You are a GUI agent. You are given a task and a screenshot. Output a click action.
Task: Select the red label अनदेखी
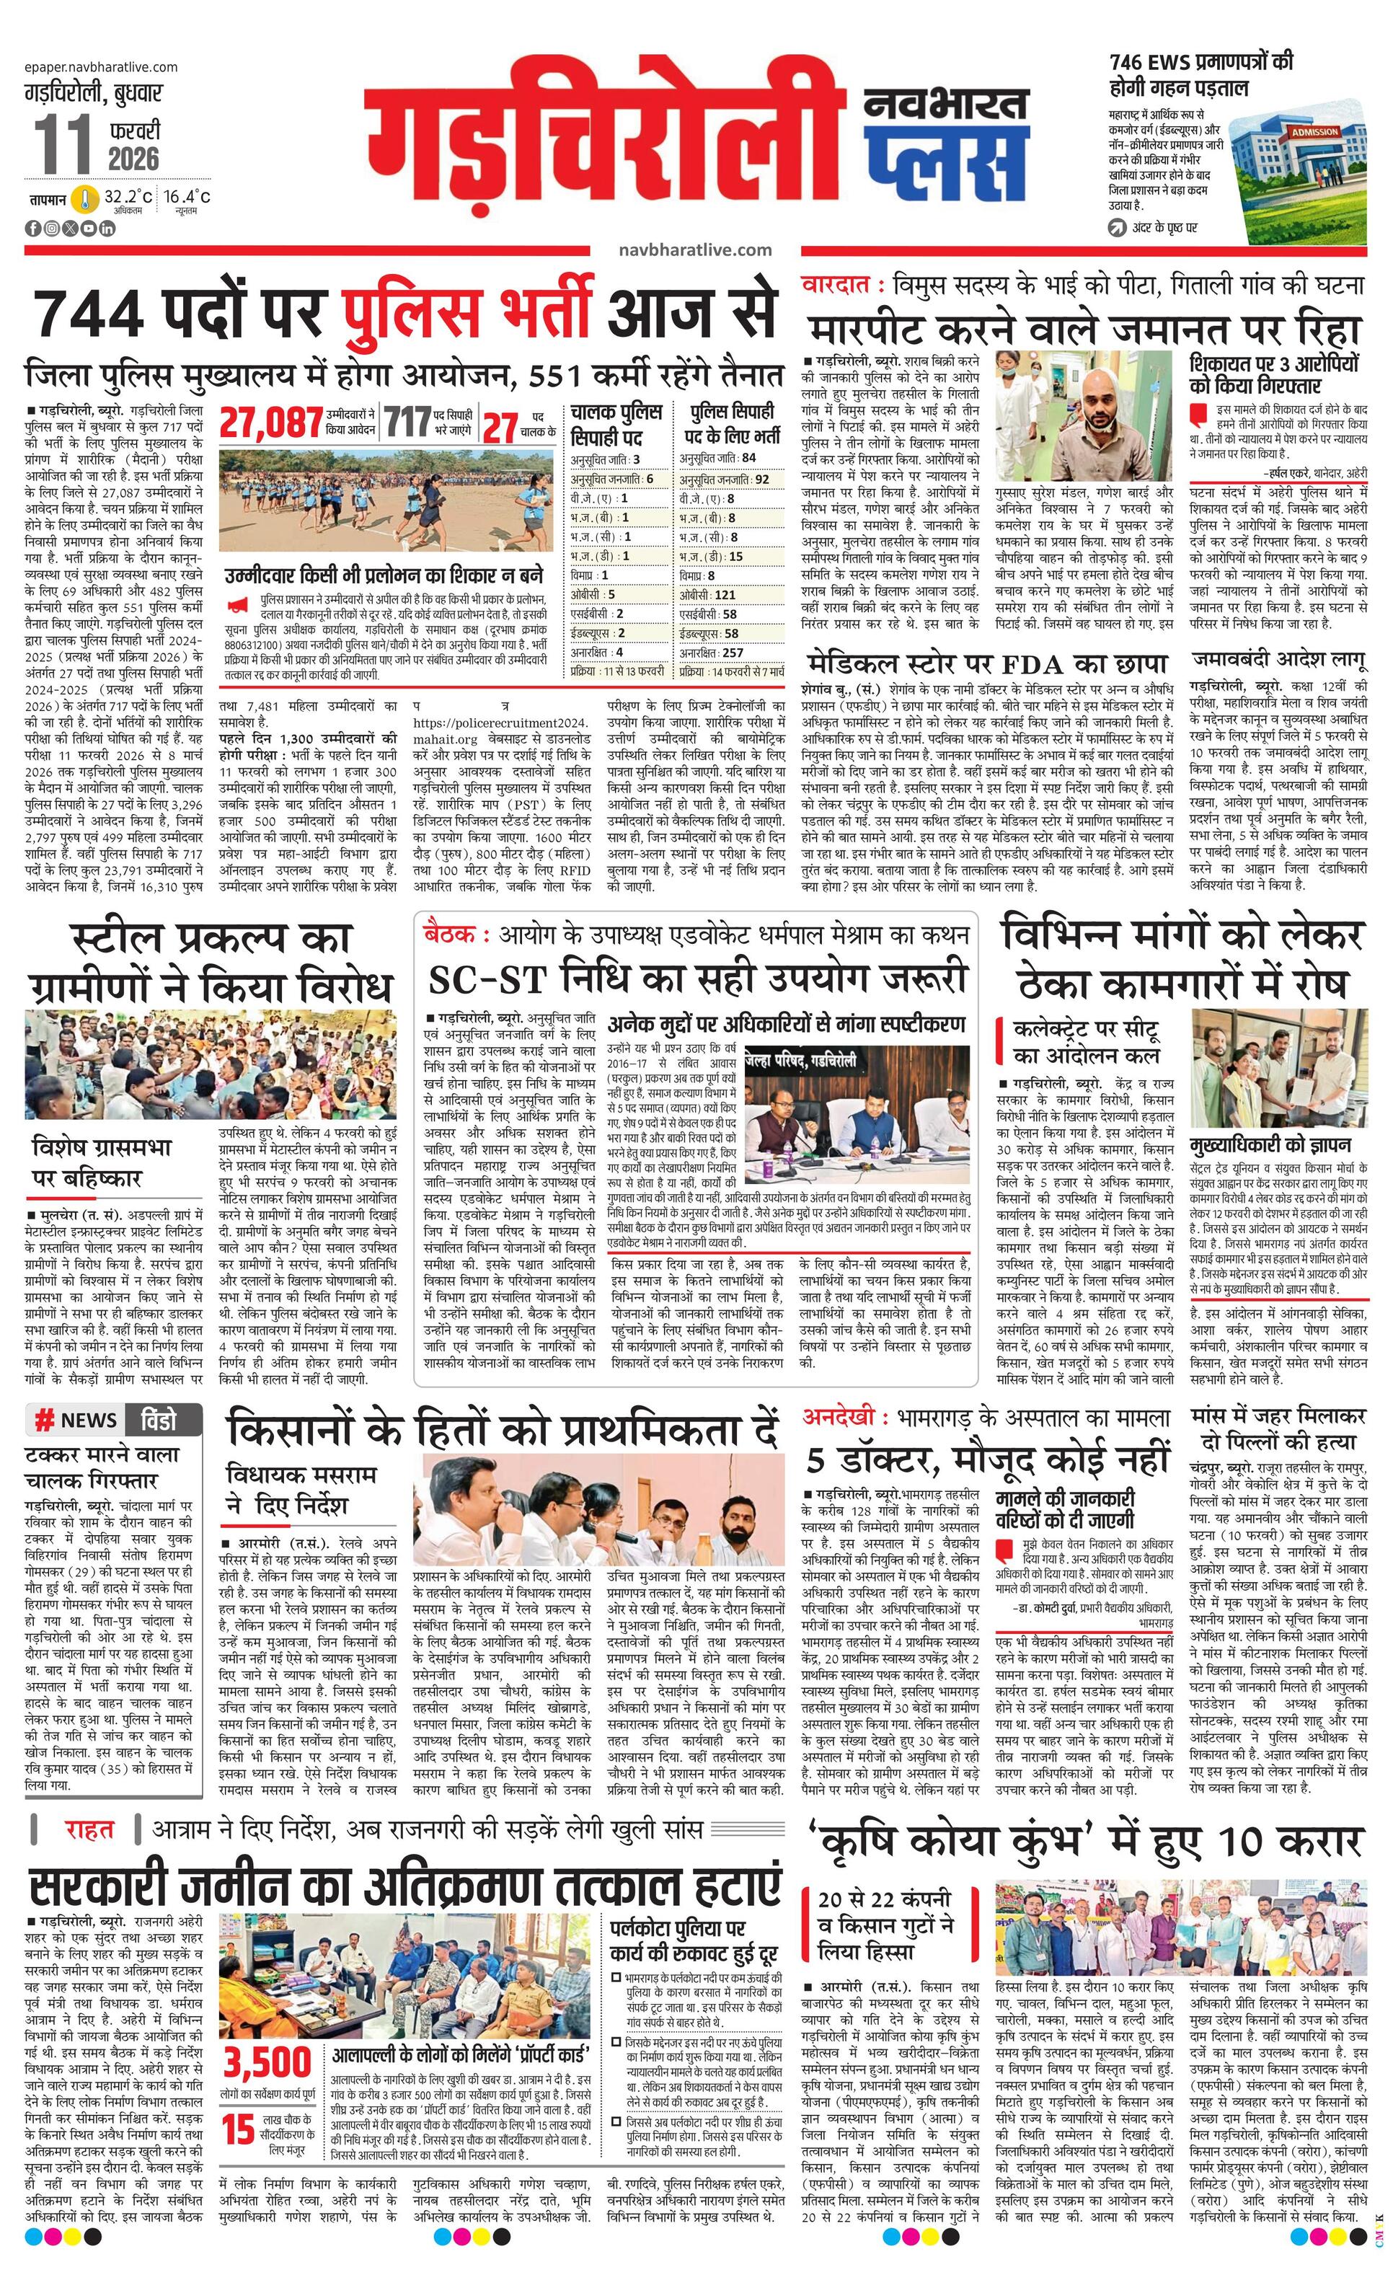[839, 1417]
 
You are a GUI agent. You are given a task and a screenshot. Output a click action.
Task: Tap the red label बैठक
[454, 933]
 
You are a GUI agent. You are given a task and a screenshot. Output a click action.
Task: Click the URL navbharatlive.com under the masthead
[694, 249]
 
